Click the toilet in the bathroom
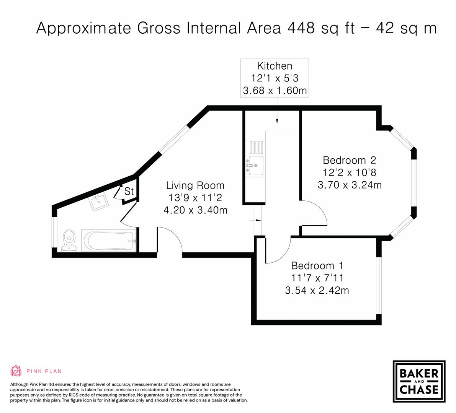(69, 241)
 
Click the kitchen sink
(255, 165)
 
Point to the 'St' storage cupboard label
(129, 191)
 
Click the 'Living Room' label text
(195, 186)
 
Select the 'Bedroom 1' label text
(317, 265)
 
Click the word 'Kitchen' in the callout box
(275, 66)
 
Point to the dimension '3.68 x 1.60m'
(275, 91)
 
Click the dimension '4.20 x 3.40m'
(195, 210)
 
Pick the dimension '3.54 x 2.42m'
(317, 290)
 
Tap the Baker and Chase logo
(419, 381)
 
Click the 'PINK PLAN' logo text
(44, 371)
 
